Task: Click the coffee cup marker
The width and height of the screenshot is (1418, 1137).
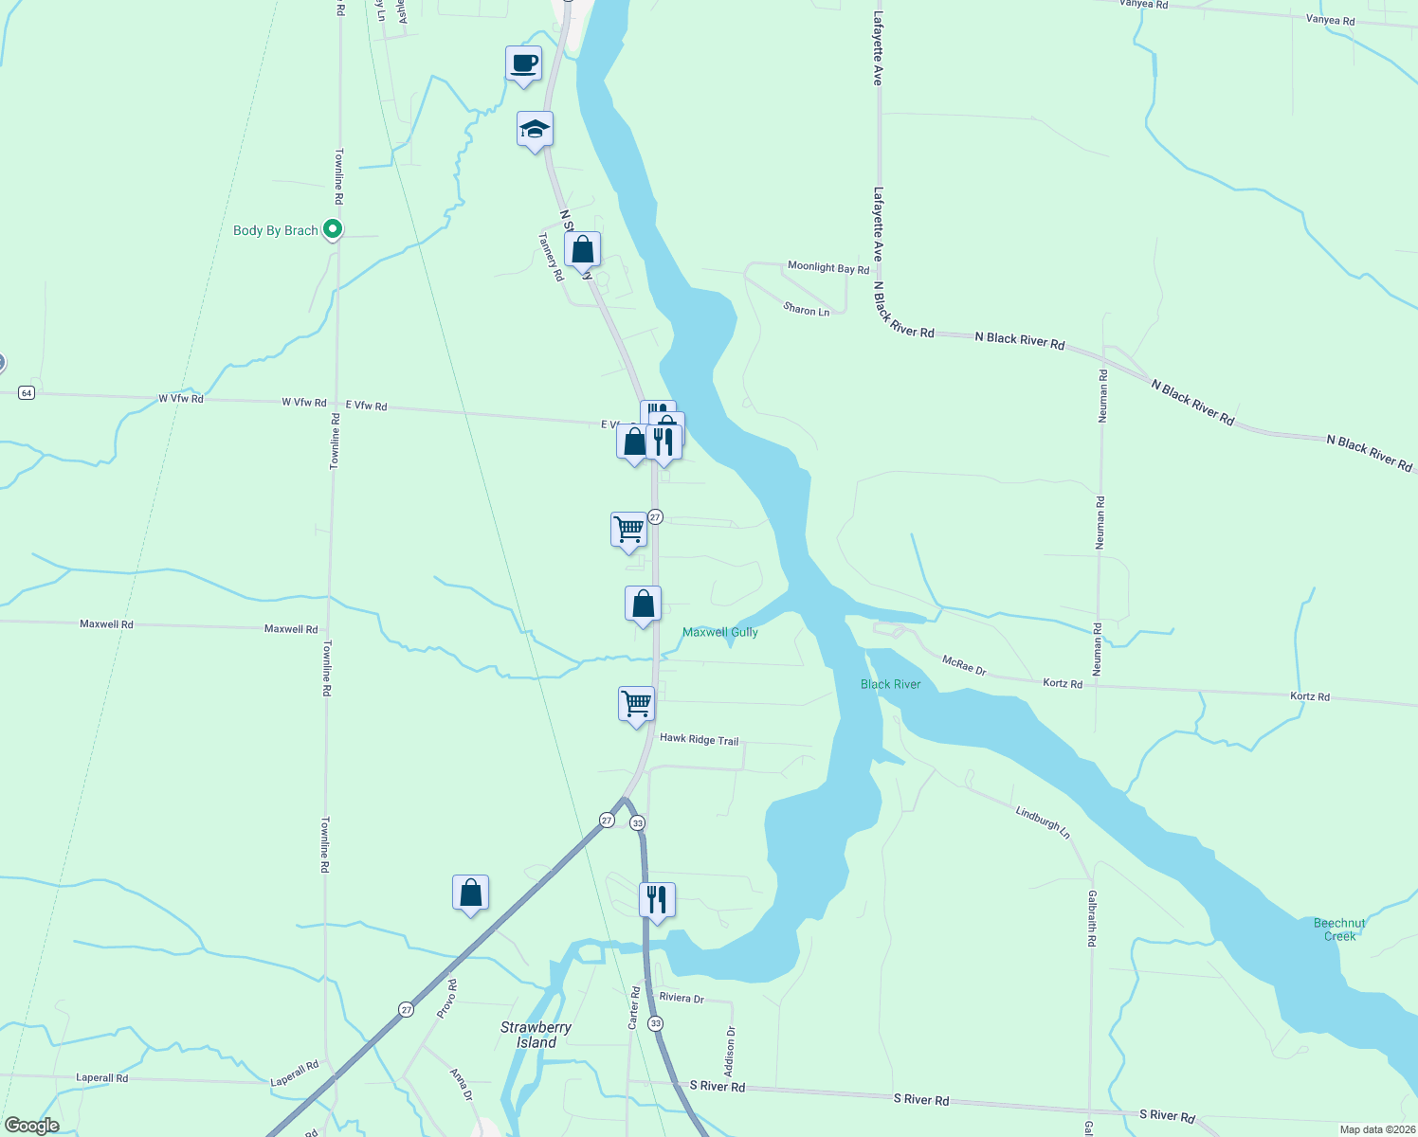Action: click(x=523, y=64)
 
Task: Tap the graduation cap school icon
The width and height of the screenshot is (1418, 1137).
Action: click(x=535, y=130)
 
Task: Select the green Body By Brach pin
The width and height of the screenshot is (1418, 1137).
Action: click(x=332, y=229)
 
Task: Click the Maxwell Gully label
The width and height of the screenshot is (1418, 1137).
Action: click(x=720, y=632)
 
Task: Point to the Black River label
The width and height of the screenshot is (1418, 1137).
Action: click(x=890, y=684)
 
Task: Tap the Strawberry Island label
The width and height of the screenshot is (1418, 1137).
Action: click(x=536, y=1035)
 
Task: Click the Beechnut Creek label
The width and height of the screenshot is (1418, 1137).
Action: click(x=1339, y=929)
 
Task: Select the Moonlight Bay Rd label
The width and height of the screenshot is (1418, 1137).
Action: click(x=828, y=268)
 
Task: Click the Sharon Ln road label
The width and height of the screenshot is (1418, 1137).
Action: click(x=806, y=309)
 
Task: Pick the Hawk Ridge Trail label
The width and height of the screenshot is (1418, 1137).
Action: click(x=699, y=739)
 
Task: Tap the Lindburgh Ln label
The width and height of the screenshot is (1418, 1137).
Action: click(x=1043, y=821)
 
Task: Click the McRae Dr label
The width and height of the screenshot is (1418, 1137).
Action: click(x=964, y=664)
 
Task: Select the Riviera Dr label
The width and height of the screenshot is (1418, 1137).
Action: click(x=682, y=999)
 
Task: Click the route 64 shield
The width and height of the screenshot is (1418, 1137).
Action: click(x=27, y=392)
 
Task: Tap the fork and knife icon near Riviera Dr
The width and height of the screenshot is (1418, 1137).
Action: click(x=657, y=899)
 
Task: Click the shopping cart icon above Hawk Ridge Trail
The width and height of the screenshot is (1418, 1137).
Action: click(x=636, y=703)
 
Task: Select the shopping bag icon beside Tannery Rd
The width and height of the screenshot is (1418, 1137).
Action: click(x=582, y=250)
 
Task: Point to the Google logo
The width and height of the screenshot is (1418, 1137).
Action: click(x=32, y=1126)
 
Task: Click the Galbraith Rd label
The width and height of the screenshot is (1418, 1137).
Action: click(x=1091, y=918)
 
